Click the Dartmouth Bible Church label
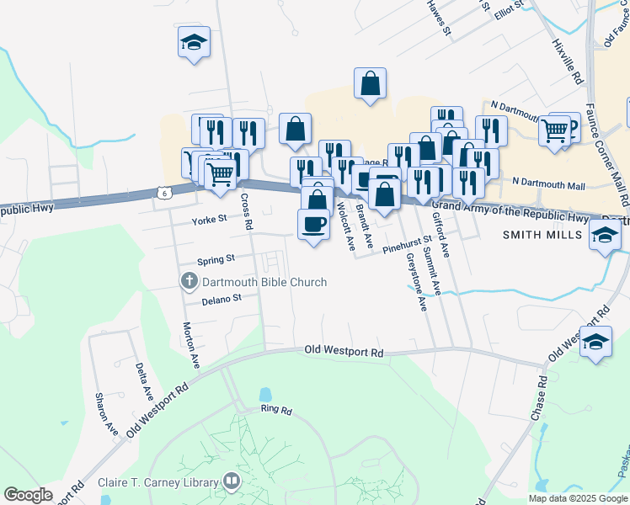[264, 282]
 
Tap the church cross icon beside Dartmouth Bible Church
[190, 281]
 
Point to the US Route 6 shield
[163, 194]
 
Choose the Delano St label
[222, 298]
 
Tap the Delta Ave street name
[143, 381]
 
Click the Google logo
[28, 495]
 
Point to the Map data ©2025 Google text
[578, 498]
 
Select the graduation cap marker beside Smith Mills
[605, 236]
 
